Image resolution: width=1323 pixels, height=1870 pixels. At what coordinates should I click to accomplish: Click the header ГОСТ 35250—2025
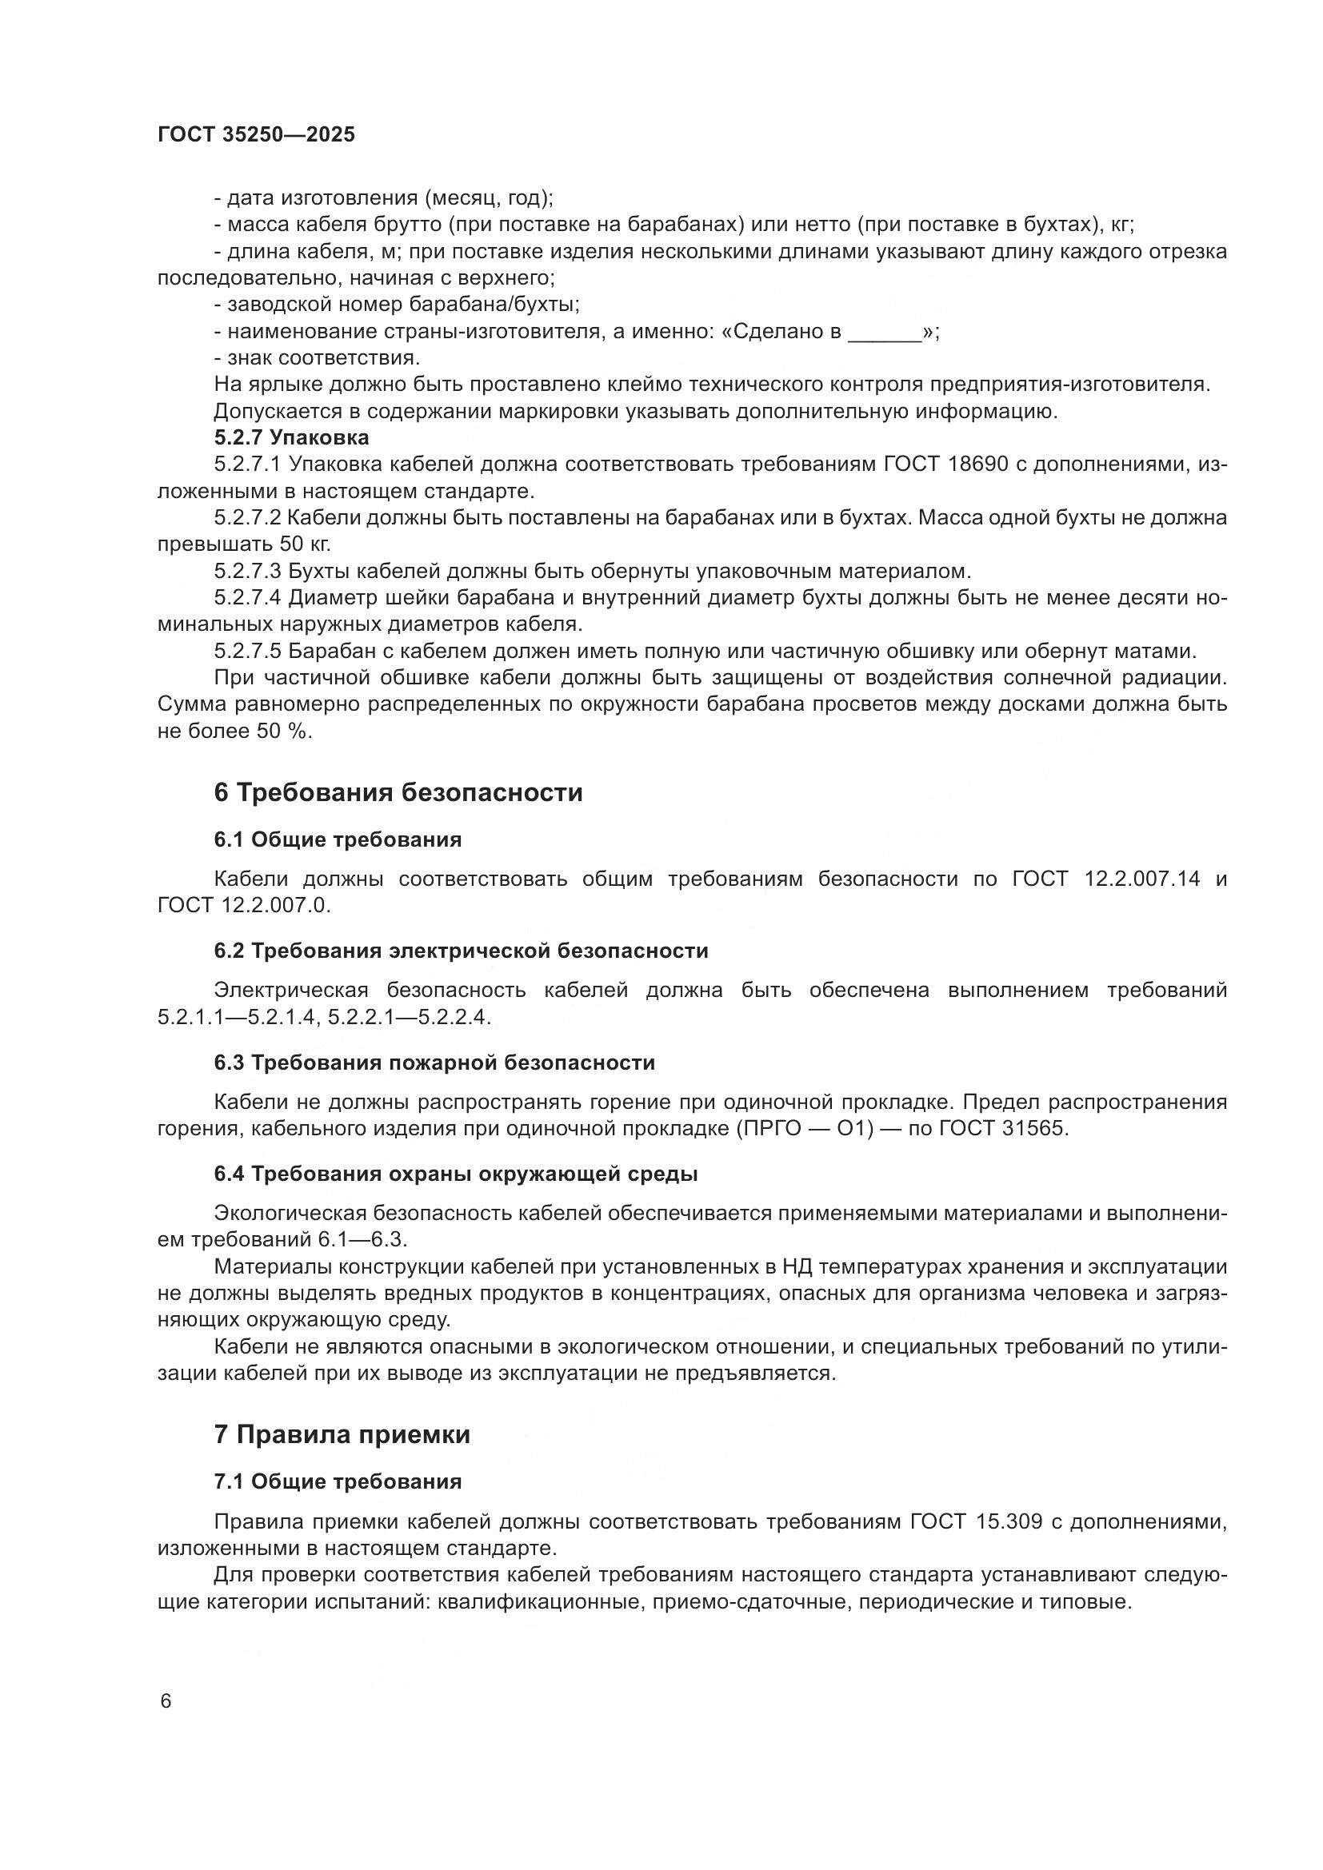[x=256, y=135]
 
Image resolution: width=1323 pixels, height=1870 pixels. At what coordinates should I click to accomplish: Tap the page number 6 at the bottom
[x=166, y=1701]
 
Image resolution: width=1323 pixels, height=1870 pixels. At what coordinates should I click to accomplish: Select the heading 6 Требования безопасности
[x=398, y=792]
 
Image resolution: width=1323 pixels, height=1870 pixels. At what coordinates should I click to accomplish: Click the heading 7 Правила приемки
[x=342, y=1434]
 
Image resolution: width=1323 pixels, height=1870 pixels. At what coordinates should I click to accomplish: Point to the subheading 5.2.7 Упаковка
[x=292, y=437]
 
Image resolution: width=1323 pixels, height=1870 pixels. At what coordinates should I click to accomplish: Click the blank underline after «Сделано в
[x=885, y=333]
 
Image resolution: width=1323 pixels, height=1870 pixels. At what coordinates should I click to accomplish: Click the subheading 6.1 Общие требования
[x=338, y=839]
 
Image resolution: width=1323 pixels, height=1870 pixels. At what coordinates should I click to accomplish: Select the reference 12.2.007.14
[x=1142, y=879]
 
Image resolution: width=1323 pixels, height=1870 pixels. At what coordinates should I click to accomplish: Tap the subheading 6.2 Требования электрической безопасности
[x=461, y=951]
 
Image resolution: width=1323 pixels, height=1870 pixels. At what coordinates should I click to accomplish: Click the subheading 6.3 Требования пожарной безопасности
[x=434, y=1063]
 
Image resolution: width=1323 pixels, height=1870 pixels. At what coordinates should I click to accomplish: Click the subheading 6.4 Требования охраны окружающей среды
[x=455, y=1174]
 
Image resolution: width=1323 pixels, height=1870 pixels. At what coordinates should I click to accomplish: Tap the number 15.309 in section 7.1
[x=1009, y=1521]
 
